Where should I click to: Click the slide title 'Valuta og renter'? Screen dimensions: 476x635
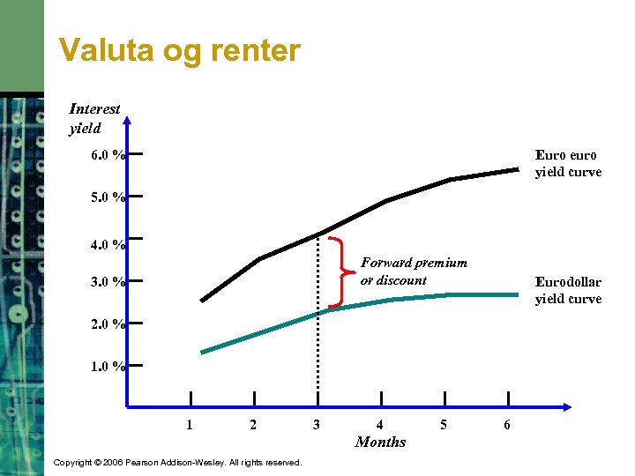point(179,51)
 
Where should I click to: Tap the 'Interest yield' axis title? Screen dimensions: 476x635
point(94,119)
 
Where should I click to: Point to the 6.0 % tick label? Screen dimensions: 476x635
point(107,156)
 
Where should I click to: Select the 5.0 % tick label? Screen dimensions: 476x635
point(107,198)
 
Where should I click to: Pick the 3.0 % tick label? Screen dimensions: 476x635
point(107,283)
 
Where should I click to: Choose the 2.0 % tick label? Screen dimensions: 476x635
point(107,324)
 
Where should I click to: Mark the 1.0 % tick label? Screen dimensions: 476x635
point(107,366)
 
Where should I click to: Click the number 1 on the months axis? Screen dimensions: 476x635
point(190,425)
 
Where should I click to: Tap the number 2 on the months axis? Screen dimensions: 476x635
point(253,425)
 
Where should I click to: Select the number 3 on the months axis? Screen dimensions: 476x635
point(317,425)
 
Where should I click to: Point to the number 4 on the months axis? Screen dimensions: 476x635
point(380,425)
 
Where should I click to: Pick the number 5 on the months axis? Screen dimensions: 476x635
point(444,425)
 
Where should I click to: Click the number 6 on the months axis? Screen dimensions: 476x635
point(507,425)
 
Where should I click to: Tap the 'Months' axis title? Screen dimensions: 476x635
point(380,442)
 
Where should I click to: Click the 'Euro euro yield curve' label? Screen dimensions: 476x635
point(568,163)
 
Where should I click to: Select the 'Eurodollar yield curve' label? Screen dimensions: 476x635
point(568,290)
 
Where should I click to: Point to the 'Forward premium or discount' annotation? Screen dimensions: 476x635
point(414,271)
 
